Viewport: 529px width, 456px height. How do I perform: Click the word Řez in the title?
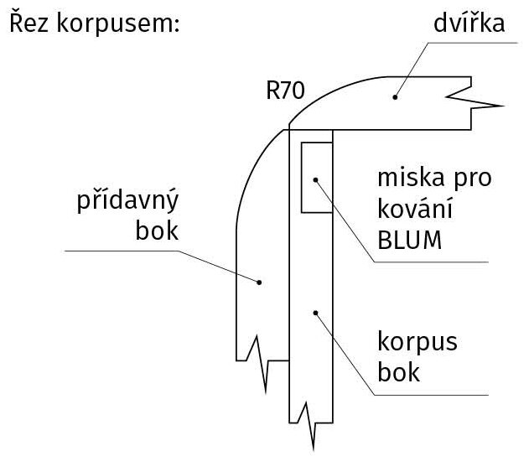click(30, 25)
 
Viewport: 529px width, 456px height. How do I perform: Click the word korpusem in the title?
click(118, 25)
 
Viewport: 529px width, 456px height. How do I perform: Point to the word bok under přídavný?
click(157, 230)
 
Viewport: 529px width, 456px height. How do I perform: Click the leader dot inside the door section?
click(393, 97)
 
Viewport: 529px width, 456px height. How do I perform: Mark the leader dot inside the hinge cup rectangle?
click(316, 179)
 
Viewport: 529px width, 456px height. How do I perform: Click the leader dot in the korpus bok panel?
click(315, 313)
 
